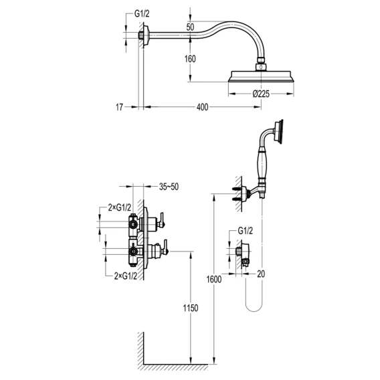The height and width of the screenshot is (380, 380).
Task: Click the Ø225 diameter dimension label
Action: [x=261, y=94]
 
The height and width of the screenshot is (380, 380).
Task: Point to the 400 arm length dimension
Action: [x=202, y=107]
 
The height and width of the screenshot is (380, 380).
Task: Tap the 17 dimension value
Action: [x=119, y=107]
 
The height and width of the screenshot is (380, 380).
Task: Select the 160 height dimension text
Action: [x=190, y=59]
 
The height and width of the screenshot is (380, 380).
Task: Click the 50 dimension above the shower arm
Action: [x=190, y=27]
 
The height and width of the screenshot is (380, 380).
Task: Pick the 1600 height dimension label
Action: [x=214, y=280]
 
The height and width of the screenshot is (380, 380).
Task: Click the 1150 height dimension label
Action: [x=191, y=308]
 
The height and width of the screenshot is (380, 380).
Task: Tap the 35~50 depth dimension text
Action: [x=169, y=187]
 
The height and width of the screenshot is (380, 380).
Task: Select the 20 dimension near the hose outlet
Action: [x=261, y=274]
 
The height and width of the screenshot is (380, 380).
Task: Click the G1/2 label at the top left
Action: [x=142, y=14]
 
